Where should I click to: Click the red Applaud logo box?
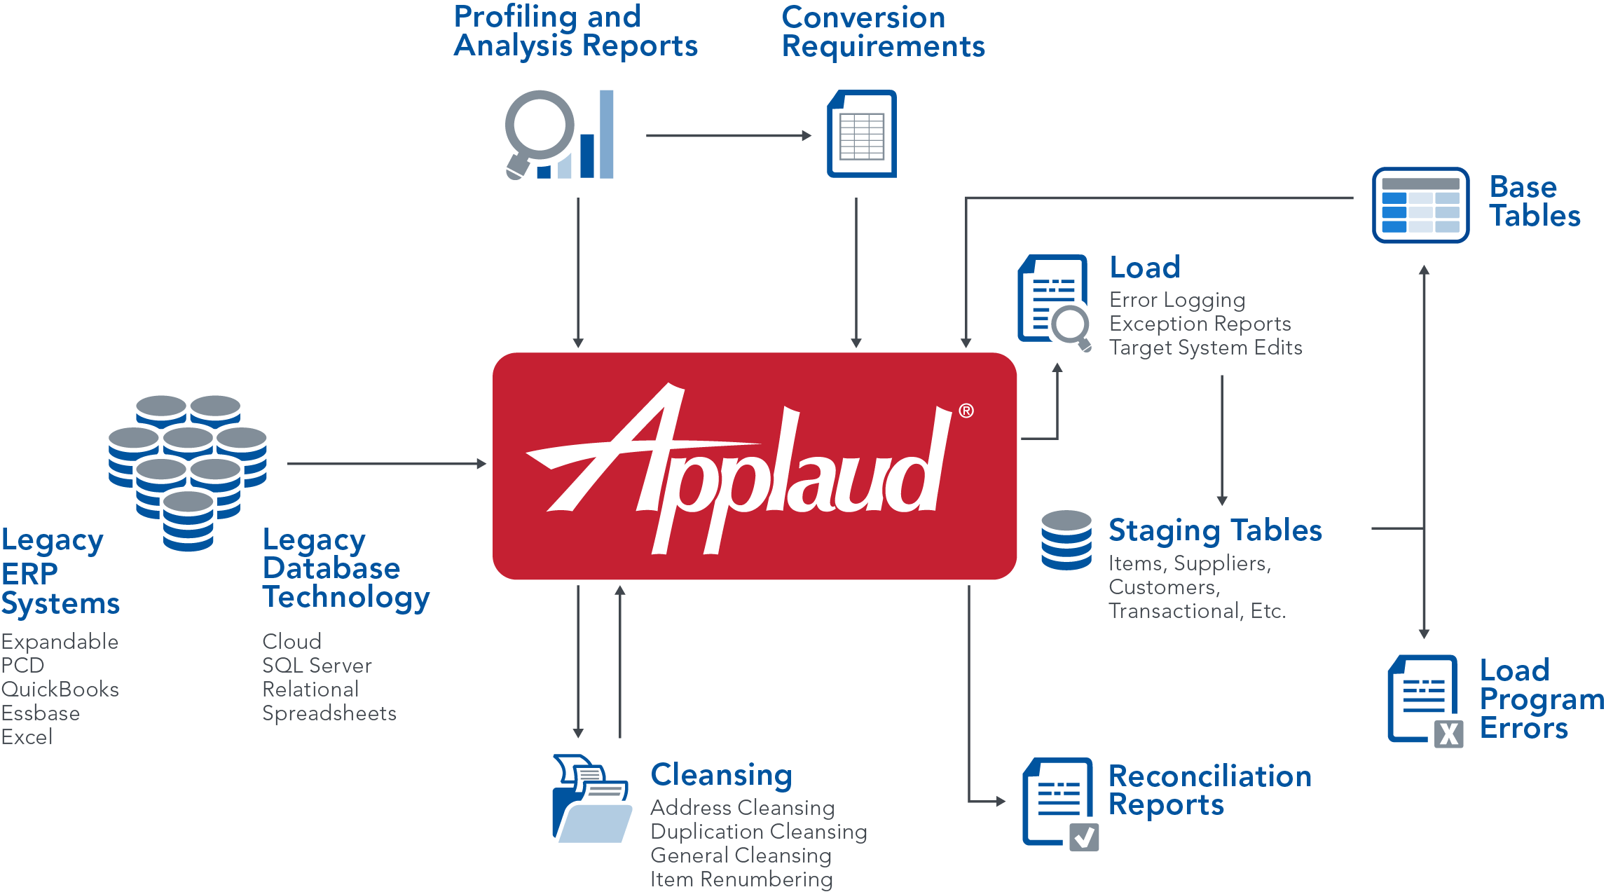754,466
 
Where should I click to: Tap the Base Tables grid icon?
1420,205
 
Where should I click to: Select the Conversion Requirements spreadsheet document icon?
861,134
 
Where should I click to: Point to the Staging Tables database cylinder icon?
1066,540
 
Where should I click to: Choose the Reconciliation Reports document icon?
1059,803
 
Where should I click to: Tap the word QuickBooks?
60,689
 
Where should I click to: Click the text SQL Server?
317,666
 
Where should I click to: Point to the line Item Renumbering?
741,879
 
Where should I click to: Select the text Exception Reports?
1200,324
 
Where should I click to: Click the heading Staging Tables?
1215,531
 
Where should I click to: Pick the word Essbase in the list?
41,713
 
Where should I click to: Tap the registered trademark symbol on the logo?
966,411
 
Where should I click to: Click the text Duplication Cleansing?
758,832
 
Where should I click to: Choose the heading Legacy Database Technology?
345,569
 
